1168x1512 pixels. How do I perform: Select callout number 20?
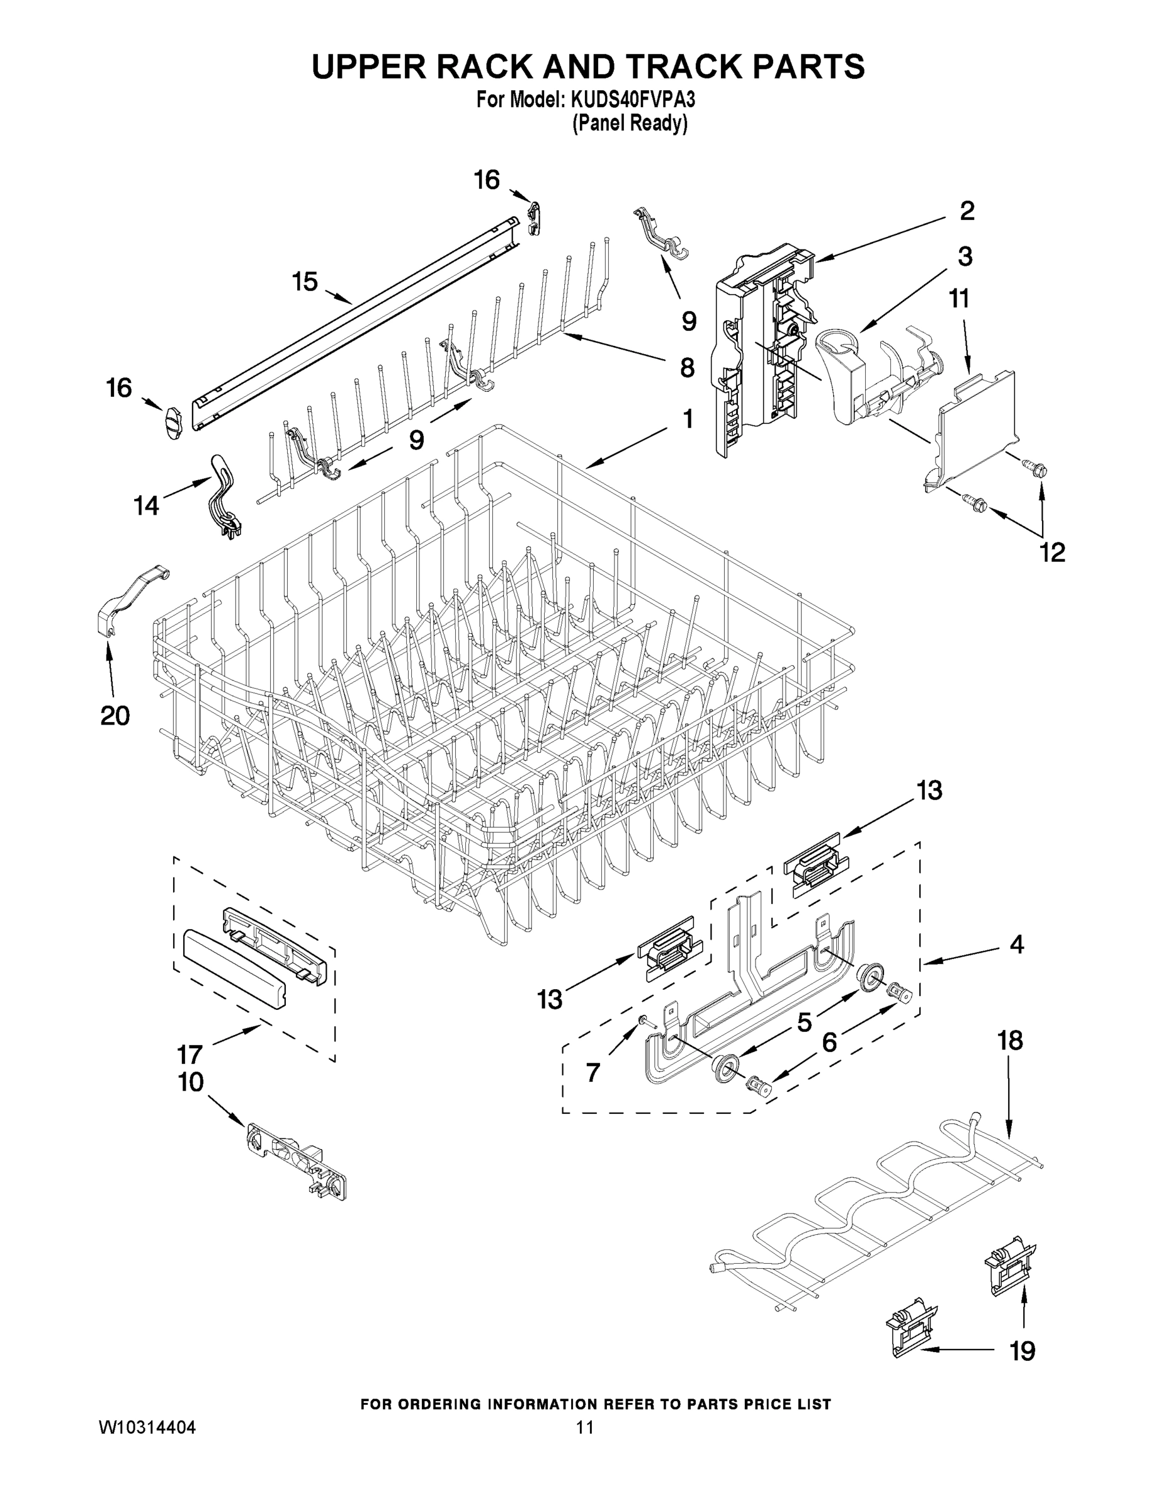pos(115,715)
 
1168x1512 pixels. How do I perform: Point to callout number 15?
pos(305,282)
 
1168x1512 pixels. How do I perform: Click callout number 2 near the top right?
pos(967,210)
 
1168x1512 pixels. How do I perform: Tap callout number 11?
pos(958,299)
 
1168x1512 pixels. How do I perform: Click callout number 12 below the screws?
pos(1052,552)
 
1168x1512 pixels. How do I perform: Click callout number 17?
pos(189,1055)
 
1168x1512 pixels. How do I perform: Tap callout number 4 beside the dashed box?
pos(1016,944)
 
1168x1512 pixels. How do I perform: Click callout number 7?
pos(593,1072)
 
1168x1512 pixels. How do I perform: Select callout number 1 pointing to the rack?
pos(686,419)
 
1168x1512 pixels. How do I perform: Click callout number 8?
pos(686,368)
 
